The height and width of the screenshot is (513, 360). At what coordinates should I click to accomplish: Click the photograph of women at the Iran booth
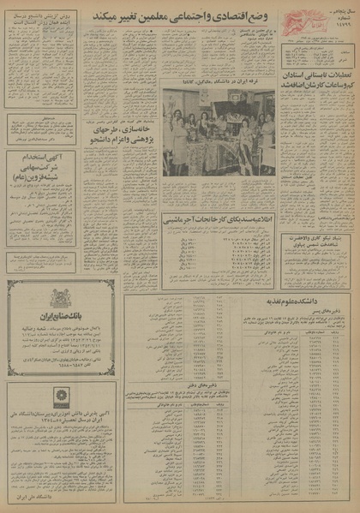point(218,135)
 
